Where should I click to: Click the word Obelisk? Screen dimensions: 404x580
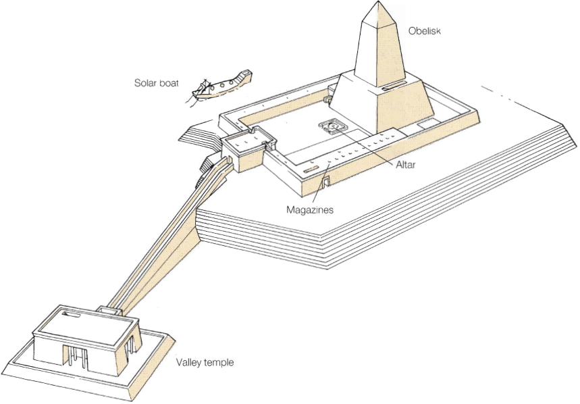424,31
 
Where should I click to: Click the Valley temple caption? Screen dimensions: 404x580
205,363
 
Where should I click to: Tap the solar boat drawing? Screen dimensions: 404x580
219,85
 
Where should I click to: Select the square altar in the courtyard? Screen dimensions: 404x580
333,126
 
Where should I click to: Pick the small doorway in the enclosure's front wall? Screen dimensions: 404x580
325,180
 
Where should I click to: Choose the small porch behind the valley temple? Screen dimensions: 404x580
109,311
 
